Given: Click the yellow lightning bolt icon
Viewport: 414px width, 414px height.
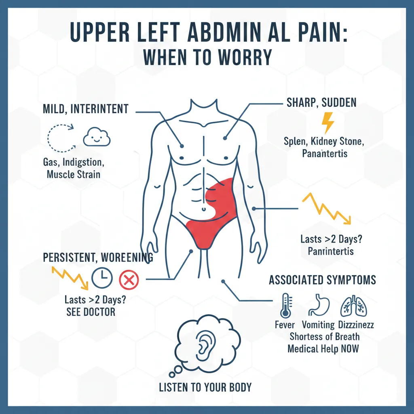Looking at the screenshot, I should click(327, 123).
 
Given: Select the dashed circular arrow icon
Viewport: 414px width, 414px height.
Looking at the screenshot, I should click(60, 137).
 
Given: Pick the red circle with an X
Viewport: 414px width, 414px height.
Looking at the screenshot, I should click(129, 279).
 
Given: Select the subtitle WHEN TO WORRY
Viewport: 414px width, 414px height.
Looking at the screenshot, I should click(207, 57).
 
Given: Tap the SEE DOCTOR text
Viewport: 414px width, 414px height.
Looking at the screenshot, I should click(91, 312).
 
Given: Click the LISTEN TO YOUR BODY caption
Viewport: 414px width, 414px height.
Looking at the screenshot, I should click(205, 387).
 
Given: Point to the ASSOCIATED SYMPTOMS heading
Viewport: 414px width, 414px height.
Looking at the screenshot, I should click(322, 280).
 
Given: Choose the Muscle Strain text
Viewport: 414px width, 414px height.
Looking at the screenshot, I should click(74, 175).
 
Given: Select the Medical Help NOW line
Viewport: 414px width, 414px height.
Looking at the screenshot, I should click(323, 349).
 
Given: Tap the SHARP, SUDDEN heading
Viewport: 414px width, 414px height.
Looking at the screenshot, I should click(322, 103).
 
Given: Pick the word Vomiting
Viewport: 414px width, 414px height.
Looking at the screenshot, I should click(318, 325).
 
